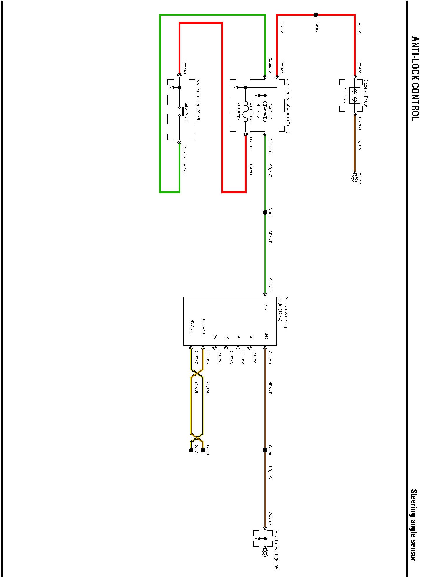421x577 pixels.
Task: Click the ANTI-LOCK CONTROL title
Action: pyautogui.click(x=414, y=79)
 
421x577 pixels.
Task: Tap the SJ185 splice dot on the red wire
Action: pyautogui.click(x=316, y=15)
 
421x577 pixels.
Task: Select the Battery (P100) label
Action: pyautogui.click(x=366, y=93)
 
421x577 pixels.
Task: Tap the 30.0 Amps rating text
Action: pyautogui.click(x=239, y=111)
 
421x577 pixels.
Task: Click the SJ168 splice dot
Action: pyautogui.click(x=265, y=212)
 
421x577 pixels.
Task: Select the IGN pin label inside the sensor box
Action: pyautogui.click(x=266, y=307)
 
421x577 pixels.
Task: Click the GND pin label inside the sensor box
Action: pyautogui.click(x=266, y=335)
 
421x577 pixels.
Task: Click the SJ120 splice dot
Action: pyautogui.click(x=203, y=450)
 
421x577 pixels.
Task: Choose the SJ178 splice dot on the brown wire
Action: pyautogui.click(x=265, y=450)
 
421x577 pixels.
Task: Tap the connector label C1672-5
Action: pyautogui.click(x=270, y=285)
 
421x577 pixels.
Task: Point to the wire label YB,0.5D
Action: pyautogui.click(x=208, y=388)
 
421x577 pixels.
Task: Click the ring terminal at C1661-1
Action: pyautogui.click(x=355, y=178)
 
